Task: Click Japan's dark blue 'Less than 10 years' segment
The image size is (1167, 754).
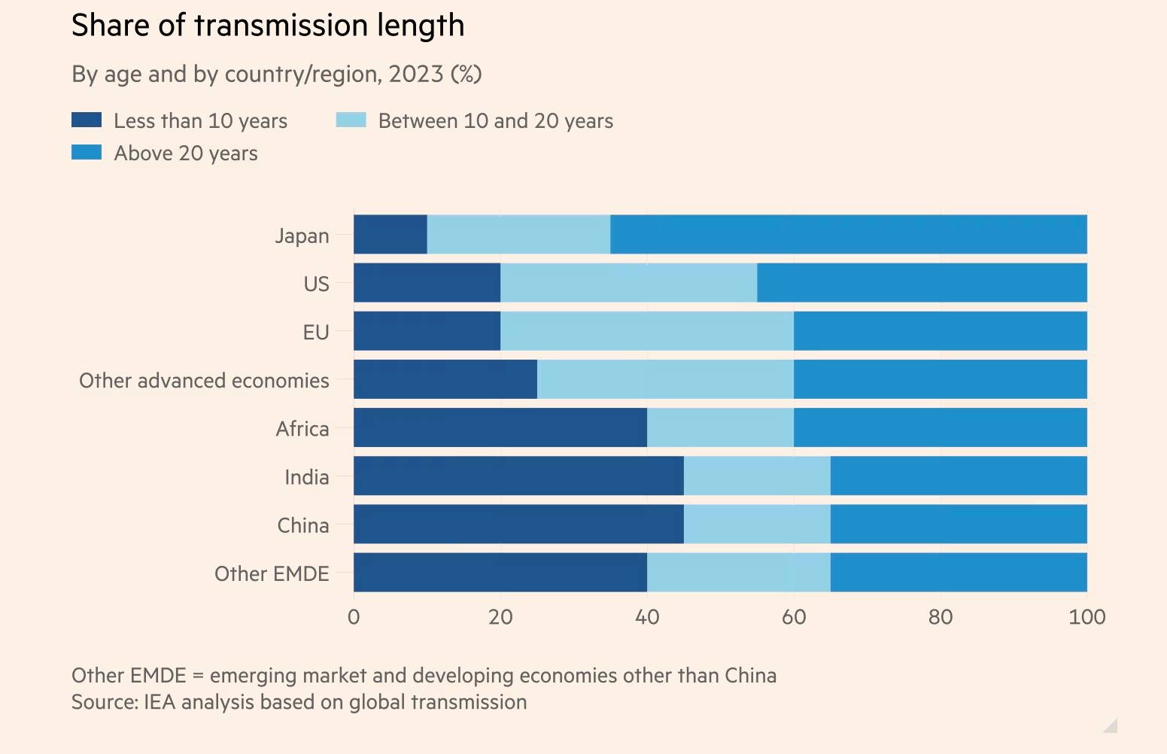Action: [x=390, y=235]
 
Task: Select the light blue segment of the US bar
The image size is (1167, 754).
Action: [x=628, y=283]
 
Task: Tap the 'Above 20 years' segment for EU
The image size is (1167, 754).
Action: [x=940, y=331]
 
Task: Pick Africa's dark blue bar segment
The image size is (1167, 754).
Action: [x=500, y=427]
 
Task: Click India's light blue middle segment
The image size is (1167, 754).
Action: [x=757, y=476]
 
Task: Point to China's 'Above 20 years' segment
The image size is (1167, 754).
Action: [x=959, y=524]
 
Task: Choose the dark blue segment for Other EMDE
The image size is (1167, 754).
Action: [x=500, y=573]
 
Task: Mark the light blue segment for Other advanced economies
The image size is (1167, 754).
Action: [x=665, y=379]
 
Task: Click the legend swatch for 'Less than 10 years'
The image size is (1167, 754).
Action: [x=87, y=120]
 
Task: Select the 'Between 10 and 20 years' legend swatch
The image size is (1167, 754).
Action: [x=351, y=120]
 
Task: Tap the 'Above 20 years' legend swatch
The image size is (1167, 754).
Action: [x=87, y=153]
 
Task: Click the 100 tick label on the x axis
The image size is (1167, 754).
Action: [x=1086, y=618]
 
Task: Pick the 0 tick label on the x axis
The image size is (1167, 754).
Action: [x=354, y=618]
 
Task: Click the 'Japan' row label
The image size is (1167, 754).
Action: [x=302, y=236]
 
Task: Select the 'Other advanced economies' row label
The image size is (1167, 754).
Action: [x=204, y=381]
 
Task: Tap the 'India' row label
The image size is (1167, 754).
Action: [x=306, y=477]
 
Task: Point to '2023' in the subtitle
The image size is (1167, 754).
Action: [x=415, y=74]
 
